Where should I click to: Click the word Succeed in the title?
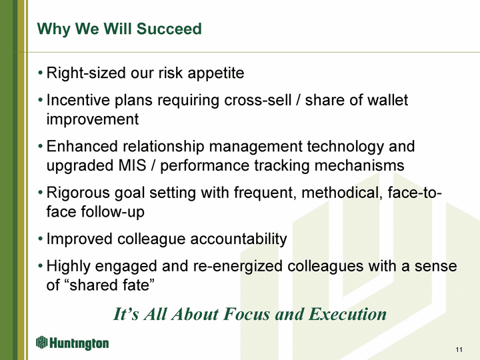pyautogui.click(x=169, y=29)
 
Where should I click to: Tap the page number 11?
pyautogui.click(x=459, y=349)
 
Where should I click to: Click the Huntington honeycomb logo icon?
pyautogui.click(x=41, y=342)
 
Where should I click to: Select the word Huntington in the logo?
pyautogui.click(x=79, y=343)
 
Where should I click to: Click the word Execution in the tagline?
pyautogui.click(x=347, y=314)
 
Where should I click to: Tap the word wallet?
pyautogui.click(x=387, y=100)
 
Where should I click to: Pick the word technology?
pyautogui.click(x=345, y=147)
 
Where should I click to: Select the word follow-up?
pyautogui.click(x=113, y=212)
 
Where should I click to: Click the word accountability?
pyautogui.click(x=239, y=239)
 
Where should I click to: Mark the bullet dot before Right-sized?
pyautogui.click(x=40, y=73)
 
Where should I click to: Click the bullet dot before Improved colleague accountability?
pyautogui.click(x=40, y=239)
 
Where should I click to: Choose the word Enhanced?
pyautogui.click(x=82, y=146)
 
